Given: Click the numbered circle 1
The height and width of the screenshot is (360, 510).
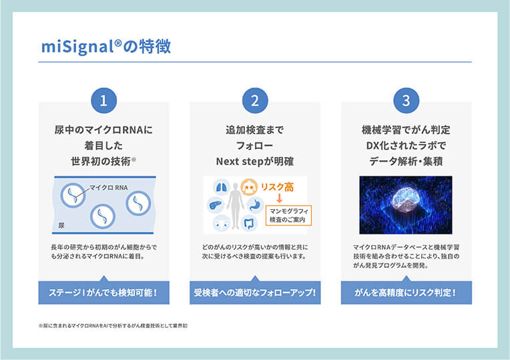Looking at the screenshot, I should [103, 101].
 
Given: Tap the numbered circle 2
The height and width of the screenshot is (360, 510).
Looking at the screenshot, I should [255, 101].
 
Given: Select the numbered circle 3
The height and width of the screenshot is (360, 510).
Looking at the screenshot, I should [406, 101].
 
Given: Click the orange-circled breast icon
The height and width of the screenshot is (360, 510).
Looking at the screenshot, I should [249, 188].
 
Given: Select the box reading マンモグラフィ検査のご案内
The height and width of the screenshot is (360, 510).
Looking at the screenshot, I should [288, 215].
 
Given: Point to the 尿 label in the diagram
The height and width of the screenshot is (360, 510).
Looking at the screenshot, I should [61, 225].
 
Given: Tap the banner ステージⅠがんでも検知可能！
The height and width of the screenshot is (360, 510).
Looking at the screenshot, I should [103, 293].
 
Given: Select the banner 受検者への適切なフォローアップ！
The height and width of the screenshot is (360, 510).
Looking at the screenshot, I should [255, 293].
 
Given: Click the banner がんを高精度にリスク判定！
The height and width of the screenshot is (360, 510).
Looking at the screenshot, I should [406, 293].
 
